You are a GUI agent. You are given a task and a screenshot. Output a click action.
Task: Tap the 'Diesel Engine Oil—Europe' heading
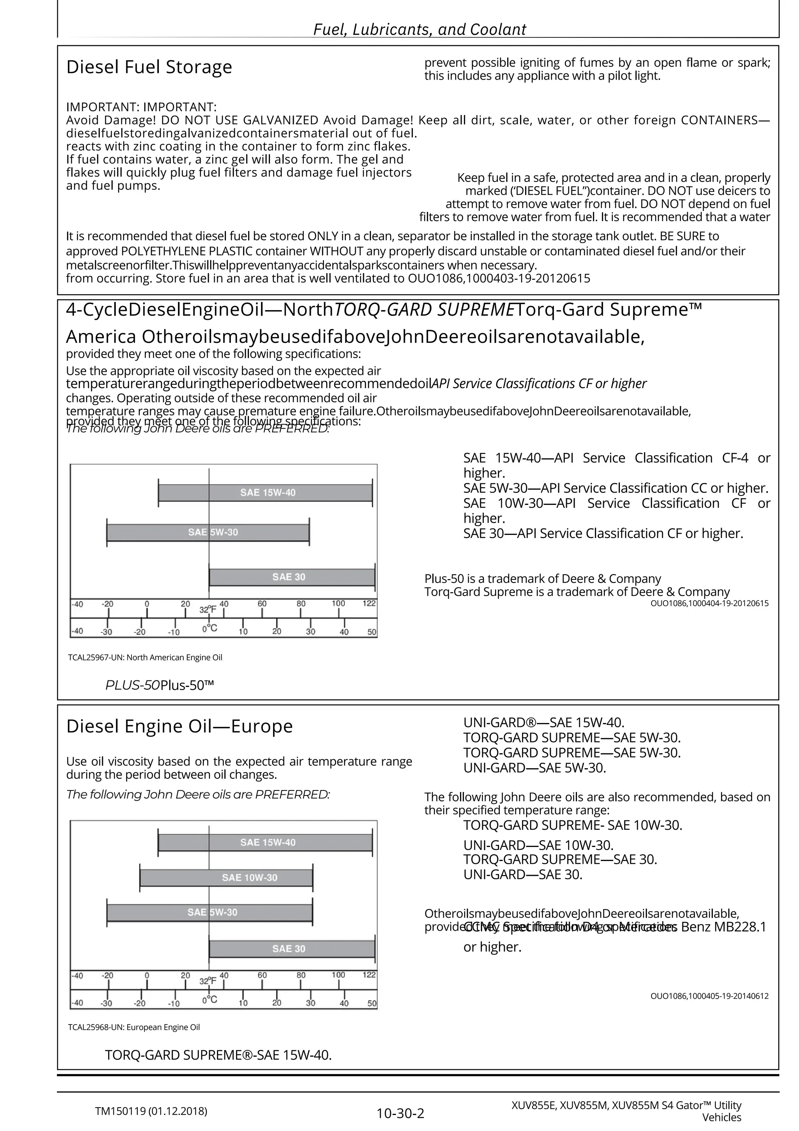tap(179, 726)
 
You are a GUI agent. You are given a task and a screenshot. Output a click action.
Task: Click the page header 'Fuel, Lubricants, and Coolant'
tap(419, 30)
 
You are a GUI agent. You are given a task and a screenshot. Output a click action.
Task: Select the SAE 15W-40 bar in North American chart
tap(266, 493)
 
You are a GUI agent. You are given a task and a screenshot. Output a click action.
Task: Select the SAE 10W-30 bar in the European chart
tap(227, 877)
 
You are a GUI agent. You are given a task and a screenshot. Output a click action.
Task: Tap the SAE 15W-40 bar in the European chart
tap(266, 842)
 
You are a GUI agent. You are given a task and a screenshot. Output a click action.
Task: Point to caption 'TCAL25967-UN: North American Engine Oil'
tap(145, 658)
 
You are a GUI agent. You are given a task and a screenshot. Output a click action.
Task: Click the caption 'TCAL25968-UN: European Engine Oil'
tap(134, 1027)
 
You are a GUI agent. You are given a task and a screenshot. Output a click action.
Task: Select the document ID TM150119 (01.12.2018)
tap(151, 1111)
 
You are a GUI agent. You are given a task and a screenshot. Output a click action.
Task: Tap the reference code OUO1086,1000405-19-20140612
tap(709, 996)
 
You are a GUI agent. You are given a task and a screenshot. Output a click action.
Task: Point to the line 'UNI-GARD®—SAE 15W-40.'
tap(543, 723)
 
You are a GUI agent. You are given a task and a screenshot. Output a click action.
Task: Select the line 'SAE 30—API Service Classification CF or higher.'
tap(602, 533)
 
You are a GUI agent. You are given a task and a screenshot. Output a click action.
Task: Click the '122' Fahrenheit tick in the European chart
tap(369, 975)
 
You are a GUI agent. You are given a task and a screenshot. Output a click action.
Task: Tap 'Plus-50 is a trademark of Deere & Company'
tap(542, 579)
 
